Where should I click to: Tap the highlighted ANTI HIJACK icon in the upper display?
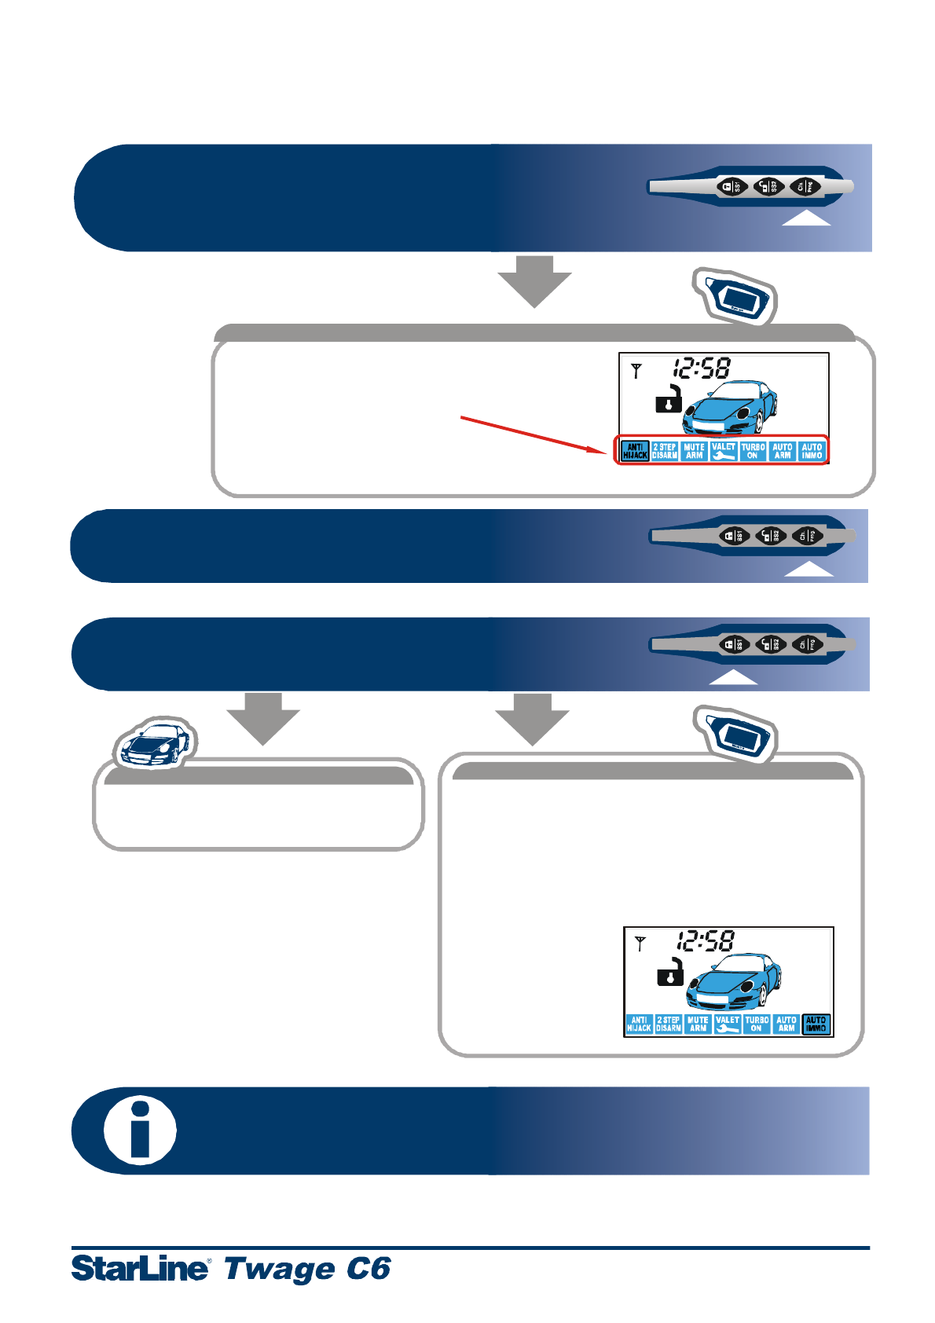(x=635, y=451)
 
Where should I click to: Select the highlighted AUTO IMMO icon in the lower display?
(x=816, y=1024)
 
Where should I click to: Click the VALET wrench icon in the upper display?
(x=724, y=451)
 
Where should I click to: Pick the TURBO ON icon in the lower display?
(x=757, y=1024)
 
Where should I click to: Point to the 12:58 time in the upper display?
(x=701, y=368)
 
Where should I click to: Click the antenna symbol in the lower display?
(x=640, y=944)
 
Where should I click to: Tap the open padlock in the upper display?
(x=669, y=400)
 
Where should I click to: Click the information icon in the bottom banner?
(x=140, y=1131)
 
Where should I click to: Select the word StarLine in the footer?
(x=141, y=1269)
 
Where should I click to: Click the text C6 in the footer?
(x=368, y=1269)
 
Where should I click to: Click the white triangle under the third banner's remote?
(x=733, y=678)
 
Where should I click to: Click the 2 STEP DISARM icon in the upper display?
(x=665, y=451)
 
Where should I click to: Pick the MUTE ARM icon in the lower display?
(x=698, y=1024)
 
